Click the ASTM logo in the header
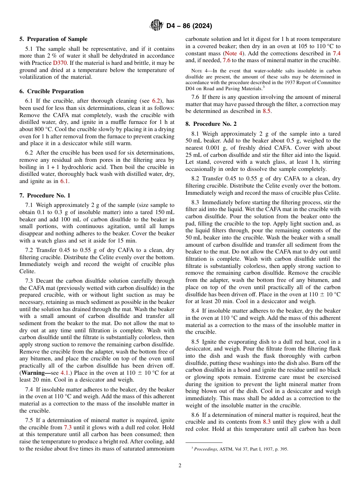coord(157,26)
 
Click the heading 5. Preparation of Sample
coord(53,39)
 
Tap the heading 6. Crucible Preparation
coord(52,91)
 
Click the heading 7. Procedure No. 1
coord(45,196)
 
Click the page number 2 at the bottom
coord(180,466)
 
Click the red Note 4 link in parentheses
coord(235,53)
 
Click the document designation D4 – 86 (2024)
coord(189,26)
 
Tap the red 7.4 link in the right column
coord(336,53)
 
